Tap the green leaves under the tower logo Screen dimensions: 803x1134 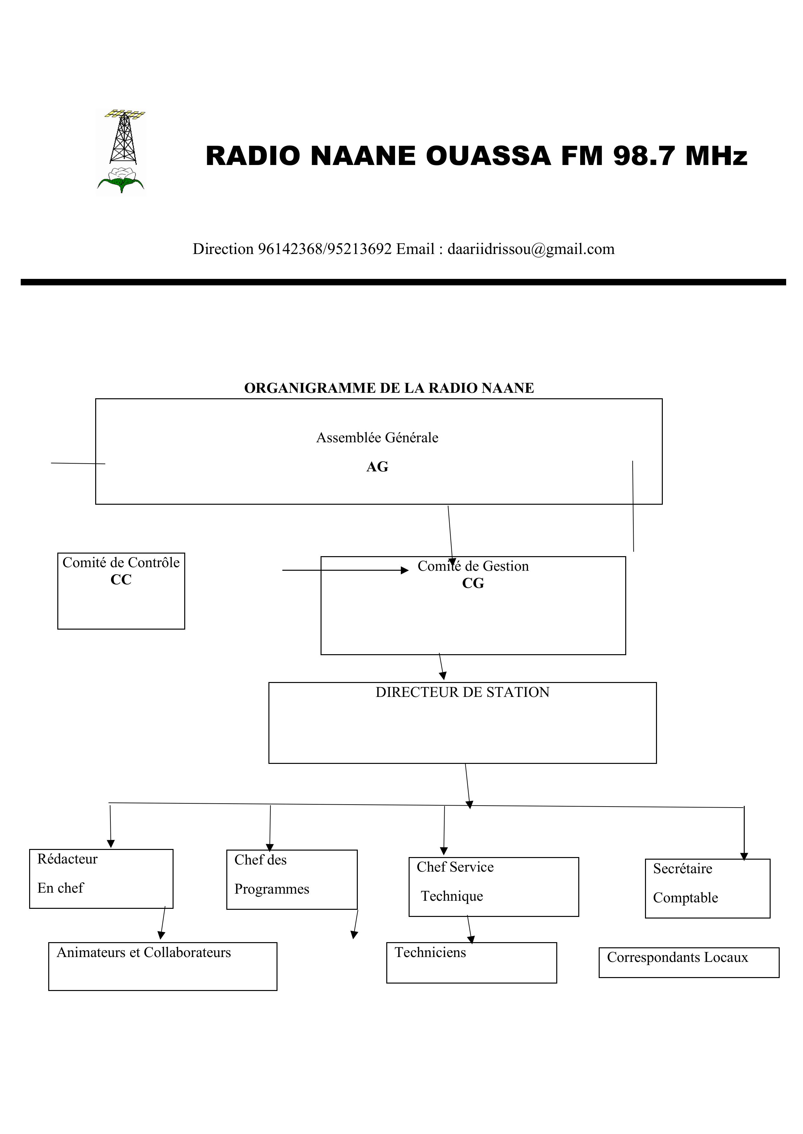(x=121, y=182)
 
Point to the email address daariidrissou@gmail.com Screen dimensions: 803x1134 (x=531, y=249)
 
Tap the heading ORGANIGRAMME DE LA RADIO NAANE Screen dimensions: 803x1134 (x=389, y=388)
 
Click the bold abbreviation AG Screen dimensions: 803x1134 (x=377, y=467)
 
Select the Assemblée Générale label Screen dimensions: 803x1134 (x=377, y=437)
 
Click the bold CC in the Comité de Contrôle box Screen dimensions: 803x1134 (x=121, y=579)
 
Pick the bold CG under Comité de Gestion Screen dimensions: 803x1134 (x=473, y=584)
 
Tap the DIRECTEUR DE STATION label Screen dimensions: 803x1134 (x=462, y=692)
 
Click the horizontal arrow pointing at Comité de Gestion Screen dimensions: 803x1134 (x=345, y=570)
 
